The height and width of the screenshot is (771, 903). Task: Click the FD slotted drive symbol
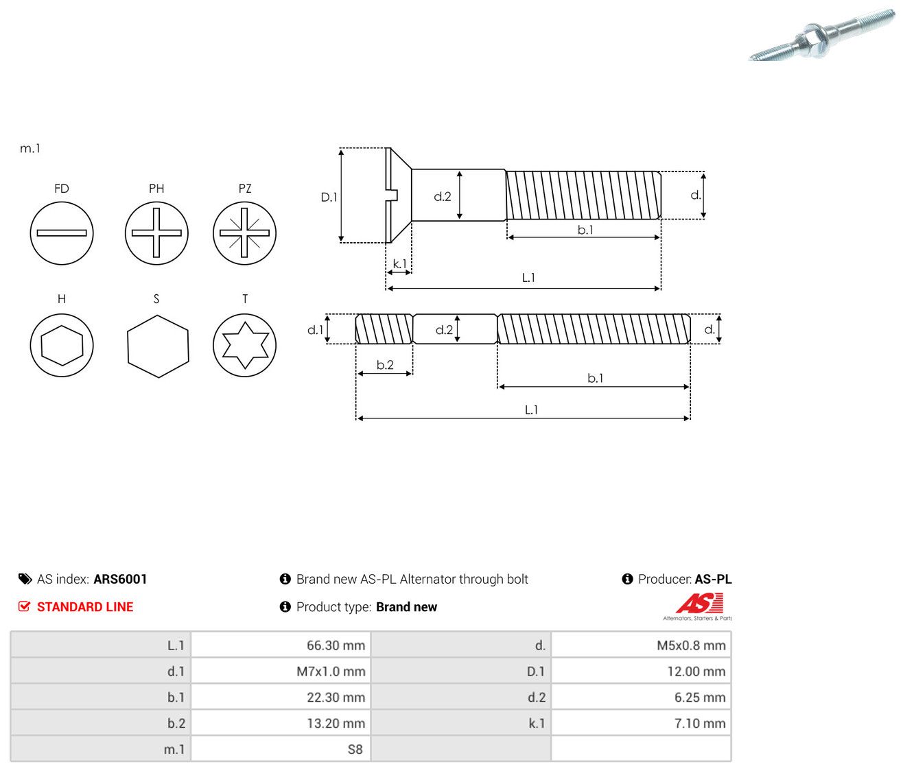62,233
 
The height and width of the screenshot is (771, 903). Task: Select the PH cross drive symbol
156,233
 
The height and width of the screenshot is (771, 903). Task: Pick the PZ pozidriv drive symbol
245,233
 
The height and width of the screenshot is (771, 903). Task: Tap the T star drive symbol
245,345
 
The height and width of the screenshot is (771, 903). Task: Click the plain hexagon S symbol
158,346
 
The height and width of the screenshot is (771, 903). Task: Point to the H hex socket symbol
62,345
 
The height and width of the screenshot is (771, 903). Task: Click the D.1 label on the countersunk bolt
329,197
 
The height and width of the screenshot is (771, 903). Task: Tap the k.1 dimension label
399,263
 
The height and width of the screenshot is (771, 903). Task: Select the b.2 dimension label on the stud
385,365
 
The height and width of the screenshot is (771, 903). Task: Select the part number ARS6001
120,579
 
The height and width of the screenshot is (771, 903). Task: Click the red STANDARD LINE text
85,606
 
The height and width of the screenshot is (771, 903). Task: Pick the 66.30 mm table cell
281,645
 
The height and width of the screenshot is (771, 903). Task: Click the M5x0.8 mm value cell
642,645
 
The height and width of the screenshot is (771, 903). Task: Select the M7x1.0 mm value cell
281,671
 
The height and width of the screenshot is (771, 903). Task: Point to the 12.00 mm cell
642,671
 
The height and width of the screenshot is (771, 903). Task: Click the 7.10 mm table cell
642,723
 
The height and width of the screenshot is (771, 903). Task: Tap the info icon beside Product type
285,606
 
